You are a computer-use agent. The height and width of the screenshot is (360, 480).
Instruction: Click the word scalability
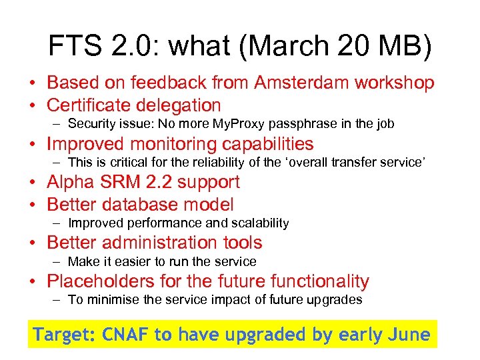(x=257, y=223)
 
